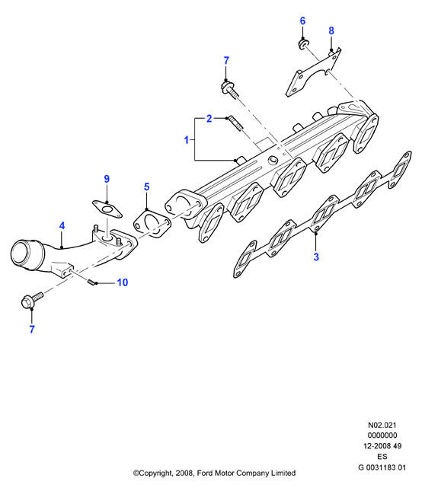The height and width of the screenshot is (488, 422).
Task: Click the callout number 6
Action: click(x=302, y=21)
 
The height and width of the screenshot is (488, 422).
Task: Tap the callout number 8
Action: click(x=331, y=30)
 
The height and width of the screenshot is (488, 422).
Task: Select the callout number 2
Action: click(x=209, y=119)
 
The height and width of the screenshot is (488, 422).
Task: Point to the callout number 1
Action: click(x=187, y=140)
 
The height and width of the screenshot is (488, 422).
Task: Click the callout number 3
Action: click(x=316, y=257)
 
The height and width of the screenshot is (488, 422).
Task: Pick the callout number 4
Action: click(x=62, y=225)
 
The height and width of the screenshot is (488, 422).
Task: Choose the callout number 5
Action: click(x=147, y=187)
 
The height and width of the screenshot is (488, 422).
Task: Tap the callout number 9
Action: click(x=107, y=179)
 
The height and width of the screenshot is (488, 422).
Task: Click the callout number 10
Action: click(x=123, y=282)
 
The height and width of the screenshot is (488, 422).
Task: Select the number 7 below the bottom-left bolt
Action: click(x=32, y=330)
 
